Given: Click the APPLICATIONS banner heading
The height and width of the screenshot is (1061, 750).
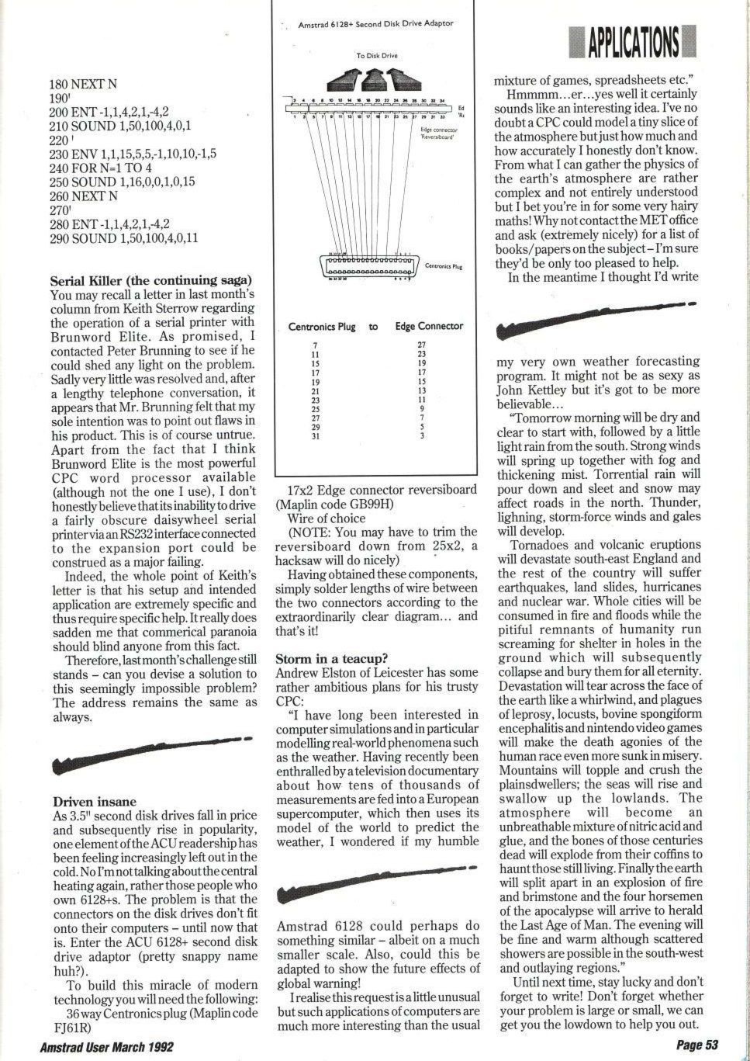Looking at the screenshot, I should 633,41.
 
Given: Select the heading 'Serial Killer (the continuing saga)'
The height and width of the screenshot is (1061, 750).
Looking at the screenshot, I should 151,281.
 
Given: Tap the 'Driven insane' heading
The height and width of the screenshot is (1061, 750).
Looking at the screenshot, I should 95,802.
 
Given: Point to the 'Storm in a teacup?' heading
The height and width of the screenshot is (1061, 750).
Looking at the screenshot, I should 332,659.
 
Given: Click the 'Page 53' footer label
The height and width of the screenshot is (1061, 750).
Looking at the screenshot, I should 698,1045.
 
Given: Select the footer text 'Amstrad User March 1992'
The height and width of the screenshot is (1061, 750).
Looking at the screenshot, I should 107,1047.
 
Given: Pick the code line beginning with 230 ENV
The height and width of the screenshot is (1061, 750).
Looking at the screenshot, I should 133,154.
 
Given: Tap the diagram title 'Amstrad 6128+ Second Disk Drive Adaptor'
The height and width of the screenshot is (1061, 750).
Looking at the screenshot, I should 375,24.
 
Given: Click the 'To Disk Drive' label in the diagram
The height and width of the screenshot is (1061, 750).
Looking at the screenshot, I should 377,56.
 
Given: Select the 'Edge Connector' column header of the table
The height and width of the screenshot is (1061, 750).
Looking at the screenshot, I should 429,327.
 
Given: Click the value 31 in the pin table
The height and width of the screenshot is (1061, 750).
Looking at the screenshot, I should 316,436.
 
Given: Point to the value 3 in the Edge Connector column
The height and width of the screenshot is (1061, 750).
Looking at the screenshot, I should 422,436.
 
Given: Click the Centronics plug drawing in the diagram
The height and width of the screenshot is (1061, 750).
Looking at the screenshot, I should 369,265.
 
